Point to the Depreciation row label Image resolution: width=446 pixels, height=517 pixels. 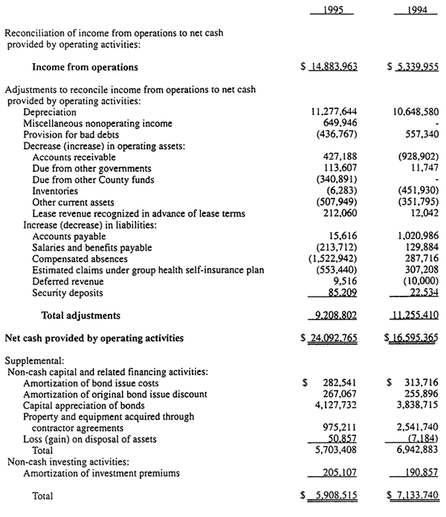(x=50, y=112)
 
